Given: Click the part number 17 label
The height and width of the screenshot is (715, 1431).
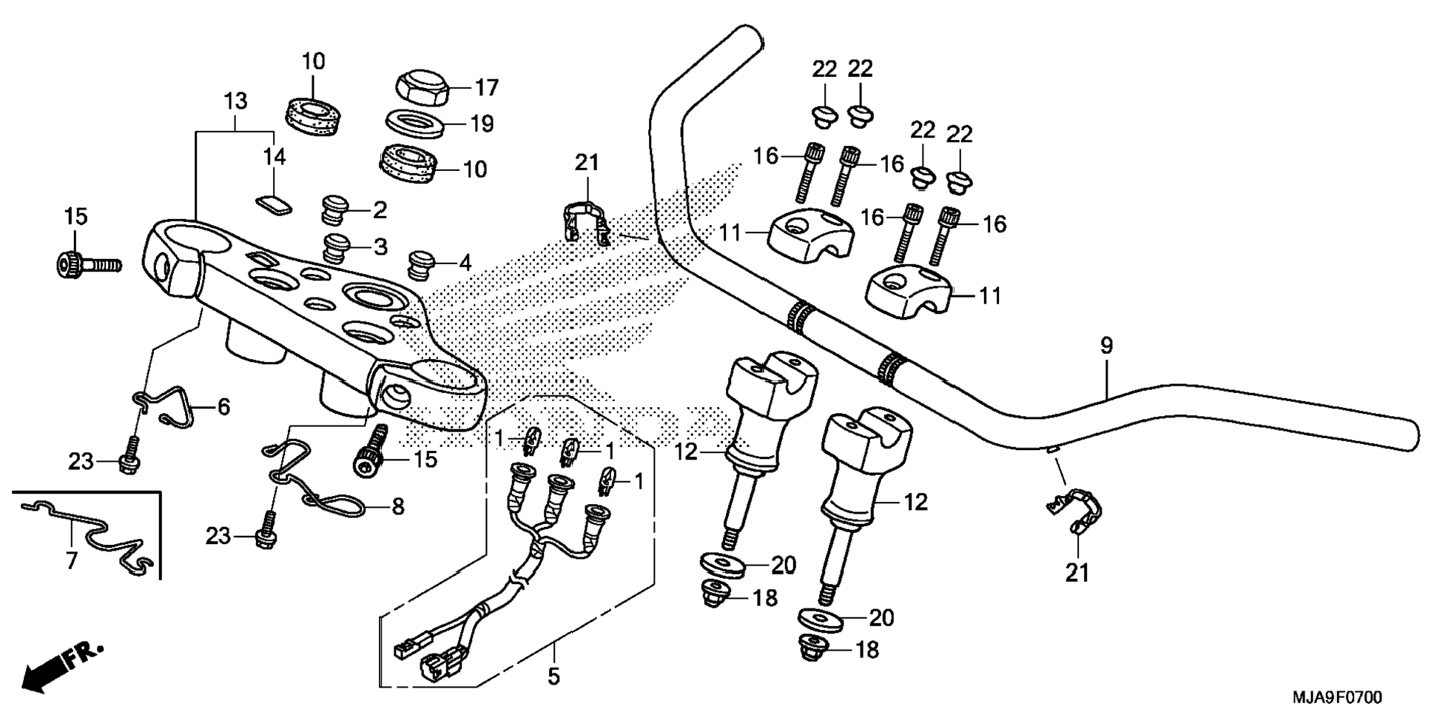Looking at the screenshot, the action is point(487,88).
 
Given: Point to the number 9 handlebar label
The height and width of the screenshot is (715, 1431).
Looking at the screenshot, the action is point(1106,345).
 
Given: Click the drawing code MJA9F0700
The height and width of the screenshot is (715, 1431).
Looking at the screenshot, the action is point(1336,697).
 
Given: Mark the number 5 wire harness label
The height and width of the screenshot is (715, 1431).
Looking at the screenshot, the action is point(554,676).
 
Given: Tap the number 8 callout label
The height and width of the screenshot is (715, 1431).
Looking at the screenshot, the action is point(398,507).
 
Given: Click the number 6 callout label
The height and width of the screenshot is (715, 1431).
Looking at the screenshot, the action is point(223,406).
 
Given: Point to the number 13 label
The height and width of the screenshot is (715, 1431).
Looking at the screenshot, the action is point(235,101).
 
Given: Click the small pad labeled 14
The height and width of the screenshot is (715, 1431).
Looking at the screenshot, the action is point(274,205).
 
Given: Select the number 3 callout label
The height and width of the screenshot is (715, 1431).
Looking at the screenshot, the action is point(380,246).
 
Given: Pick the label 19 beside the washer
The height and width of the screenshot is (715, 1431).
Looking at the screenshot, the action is point(482,124).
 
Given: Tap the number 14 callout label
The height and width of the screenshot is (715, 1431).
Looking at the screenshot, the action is point(274,156).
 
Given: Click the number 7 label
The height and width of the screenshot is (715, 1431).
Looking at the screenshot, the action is point(71,561).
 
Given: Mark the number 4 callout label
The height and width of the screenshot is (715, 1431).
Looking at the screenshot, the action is point(465,262).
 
